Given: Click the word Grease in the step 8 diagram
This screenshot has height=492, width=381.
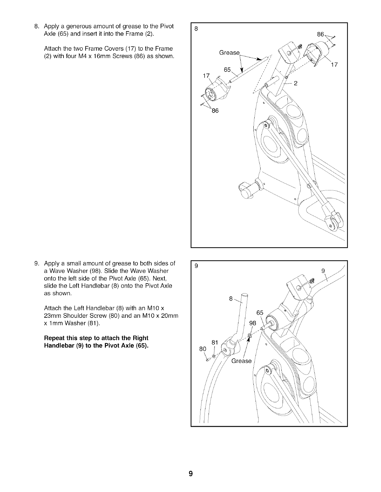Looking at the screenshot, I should click(x=229, y=52).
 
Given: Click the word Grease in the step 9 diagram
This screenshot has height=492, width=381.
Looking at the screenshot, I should click(x=241, y=361).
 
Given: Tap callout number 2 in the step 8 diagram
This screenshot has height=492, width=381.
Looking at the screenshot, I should click(x=296, y=83).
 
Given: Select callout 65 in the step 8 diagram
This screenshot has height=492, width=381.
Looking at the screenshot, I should click(x=227, y=70).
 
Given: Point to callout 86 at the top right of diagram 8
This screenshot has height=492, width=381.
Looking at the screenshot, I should click(x=321, y=34).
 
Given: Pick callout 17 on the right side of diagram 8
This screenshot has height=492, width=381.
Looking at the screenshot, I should click(x=334, y=65).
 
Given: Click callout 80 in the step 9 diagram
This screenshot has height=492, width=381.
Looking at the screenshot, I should click(x=203, y=349).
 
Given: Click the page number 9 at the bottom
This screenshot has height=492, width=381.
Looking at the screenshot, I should click(x=190, y=474).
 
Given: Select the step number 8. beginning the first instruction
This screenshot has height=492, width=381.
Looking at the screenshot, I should click(x=36, y=26).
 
